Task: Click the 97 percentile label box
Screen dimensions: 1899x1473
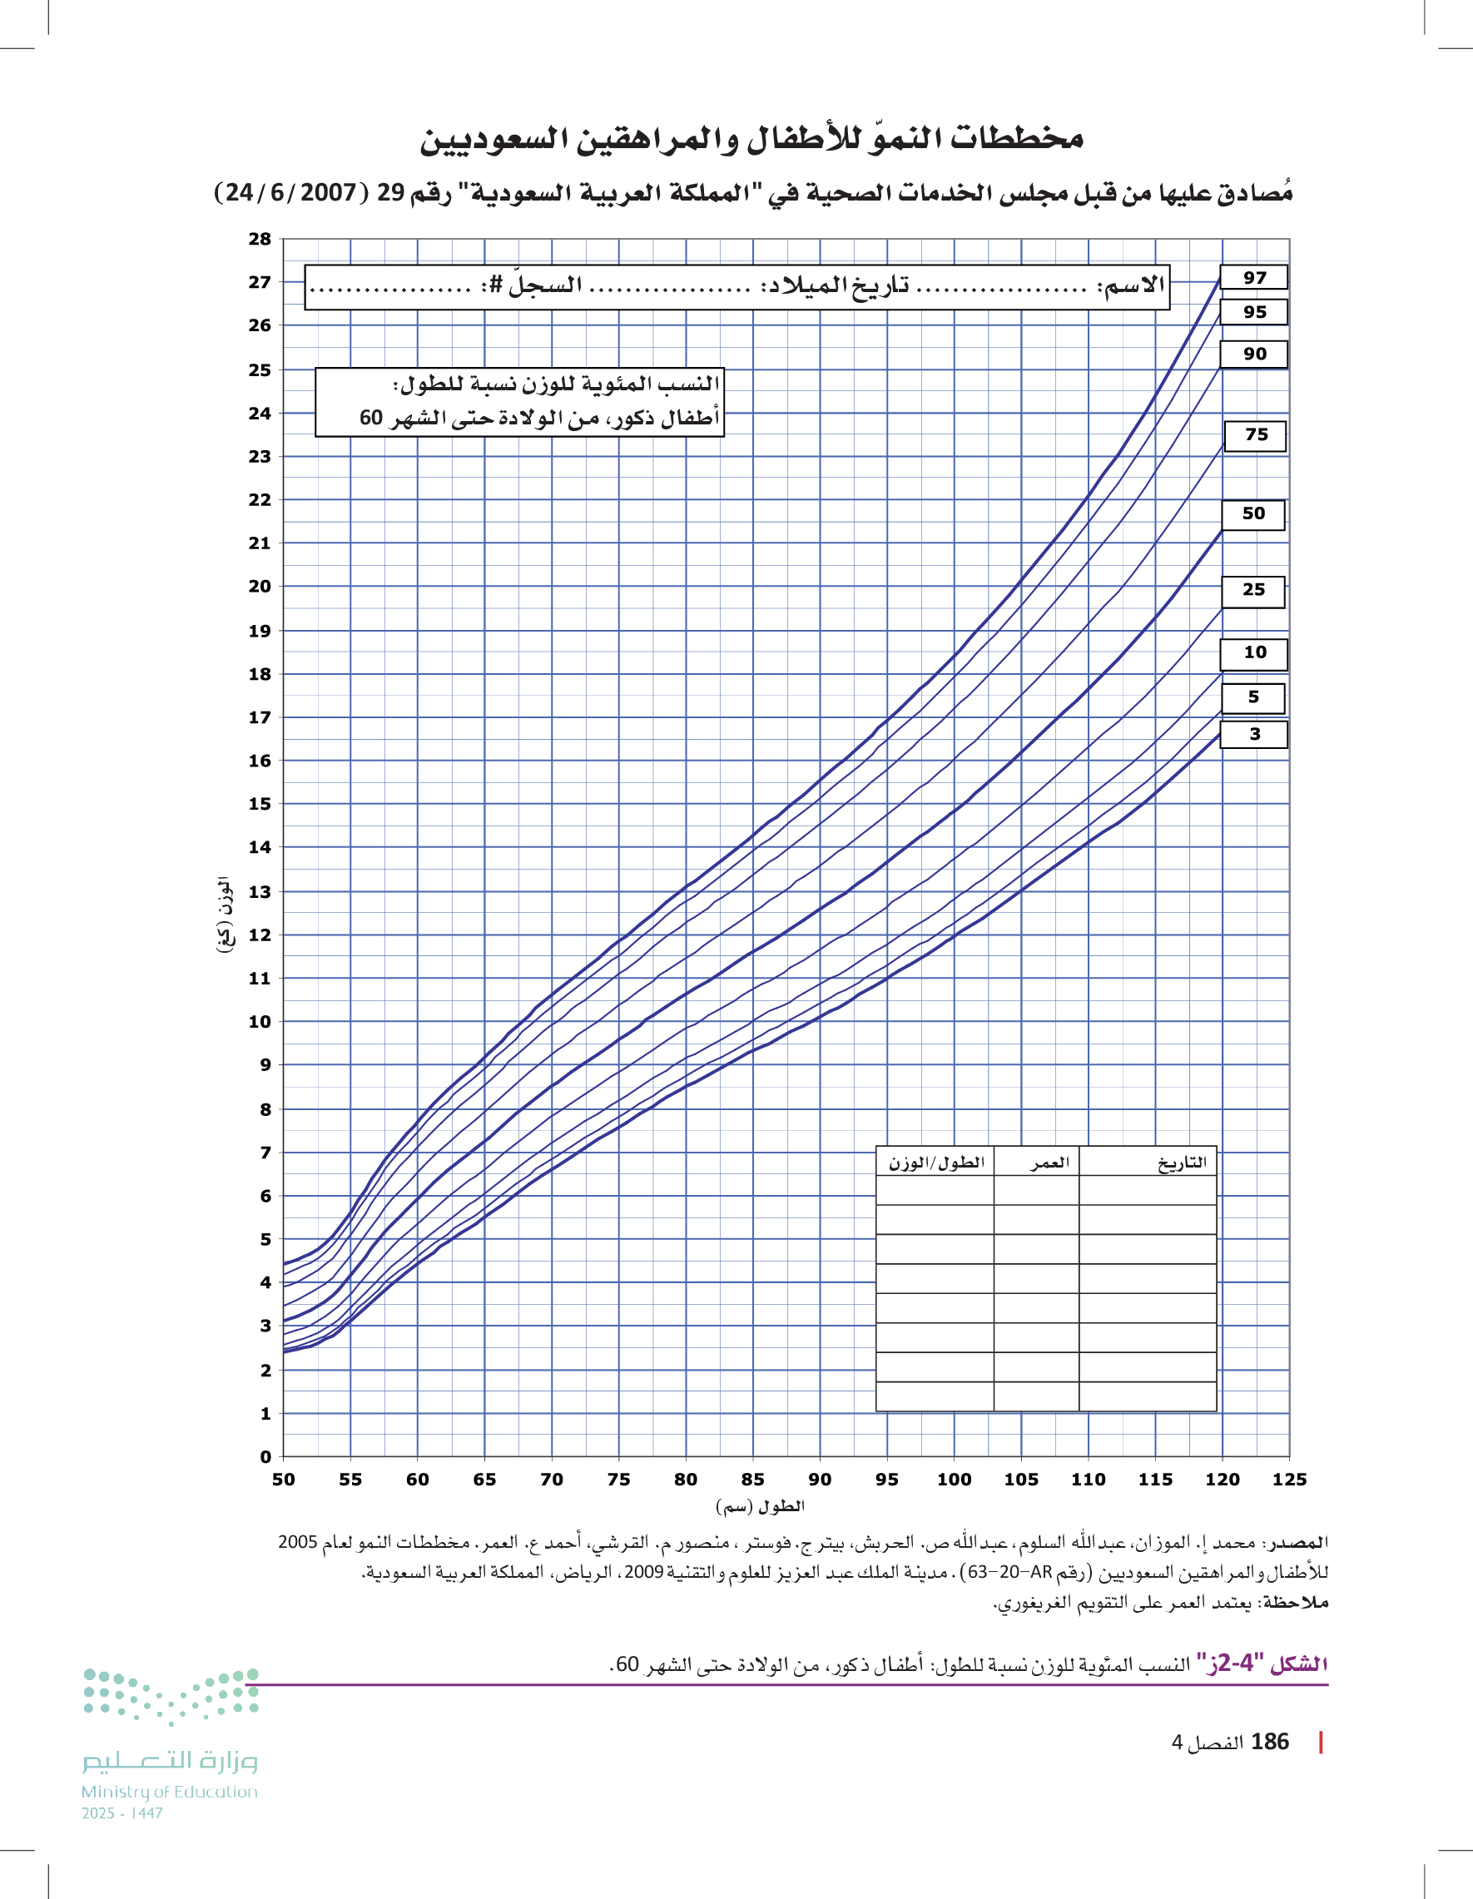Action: pos(1253,277)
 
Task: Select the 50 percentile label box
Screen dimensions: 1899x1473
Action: pos(1253,514)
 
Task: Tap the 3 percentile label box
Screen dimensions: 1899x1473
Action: pos(1254,734)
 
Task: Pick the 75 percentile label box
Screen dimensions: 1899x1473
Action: pos(1255,434)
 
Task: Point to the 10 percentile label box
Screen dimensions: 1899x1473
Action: pos(1254,653)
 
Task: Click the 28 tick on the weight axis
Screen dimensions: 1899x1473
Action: pos(259,239)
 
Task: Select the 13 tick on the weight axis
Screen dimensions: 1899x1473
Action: pos(259,891)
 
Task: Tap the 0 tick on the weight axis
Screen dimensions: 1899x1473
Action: pos(265,1456)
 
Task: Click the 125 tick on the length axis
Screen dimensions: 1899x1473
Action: pos(1288,1479)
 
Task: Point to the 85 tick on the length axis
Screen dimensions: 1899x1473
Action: pos(752,1479)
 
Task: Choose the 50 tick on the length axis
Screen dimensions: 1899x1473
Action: pos(283,1479)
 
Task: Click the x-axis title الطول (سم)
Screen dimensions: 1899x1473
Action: pos(760,1506)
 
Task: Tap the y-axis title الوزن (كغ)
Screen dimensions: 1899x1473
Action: pos(225,915)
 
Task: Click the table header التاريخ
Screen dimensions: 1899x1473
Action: pos(1182,1163)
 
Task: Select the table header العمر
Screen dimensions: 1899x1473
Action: pos(1049,1163)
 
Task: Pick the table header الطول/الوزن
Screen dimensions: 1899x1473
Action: pos(935,1163)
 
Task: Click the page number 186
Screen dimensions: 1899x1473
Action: pos(1270,1742)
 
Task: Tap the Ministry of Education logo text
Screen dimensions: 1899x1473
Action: pos(170,1792)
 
